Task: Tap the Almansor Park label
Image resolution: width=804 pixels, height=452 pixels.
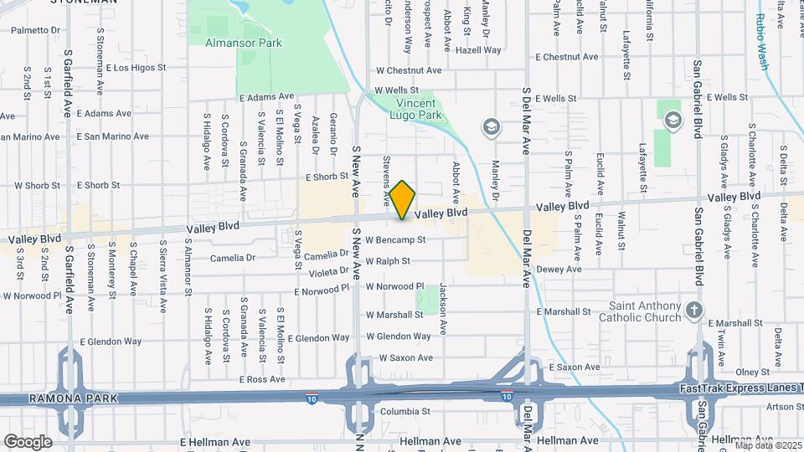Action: [x=244, y=43]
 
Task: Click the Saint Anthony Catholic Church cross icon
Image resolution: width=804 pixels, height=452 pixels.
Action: [x=693, y=311]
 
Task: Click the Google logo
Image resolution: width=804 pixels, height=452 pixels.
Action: [x=28, y=441]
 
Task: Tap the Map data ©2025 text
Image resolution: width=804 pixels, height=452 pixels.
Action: [x=766, y=444]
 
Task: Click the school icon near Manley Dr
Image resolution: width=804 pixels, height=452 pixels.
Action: [x=491, y=127]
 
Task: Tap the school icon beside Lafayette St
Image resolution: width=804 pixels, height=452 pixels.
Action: [x=672, y=121]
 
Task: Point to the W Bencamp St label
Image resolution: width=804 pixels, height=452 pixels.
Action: [x=396, y=239]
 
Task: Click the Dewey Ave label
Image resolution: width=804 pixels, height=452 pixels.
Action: [x=559, y=269]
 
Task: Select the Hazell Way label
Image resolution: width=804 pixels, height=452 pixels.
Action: [x=480, y=50]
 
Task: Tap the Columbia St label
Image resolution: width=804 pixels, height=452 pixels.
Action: [x=405, y=411]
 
